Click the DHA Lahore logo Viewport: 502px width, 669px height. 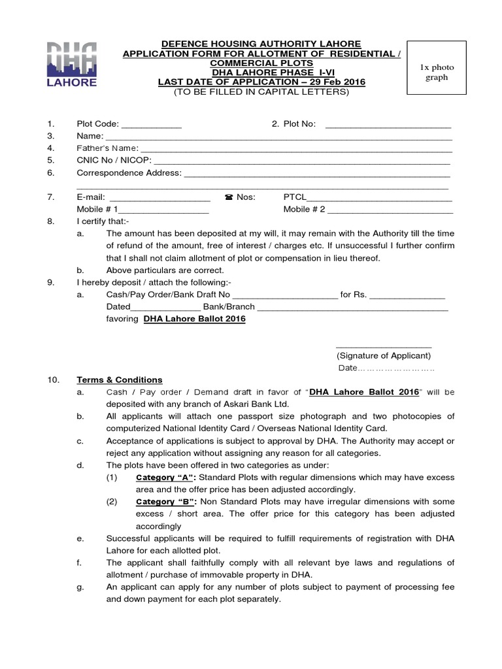[x=71, y=64]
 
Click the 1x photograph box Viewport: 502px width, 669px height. [x=437, y=73]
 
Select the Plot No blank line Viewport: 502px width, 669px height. [x=388, y=124]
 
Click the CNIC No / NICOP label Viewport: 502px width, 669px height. [x=114, y=160]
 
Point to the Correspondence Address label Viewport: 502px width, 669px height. [x=129, y=173]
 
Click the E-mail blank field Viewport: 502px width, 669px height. [x=159, y=197]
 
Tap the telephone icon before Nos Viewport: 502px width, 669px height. [x=229, y=197]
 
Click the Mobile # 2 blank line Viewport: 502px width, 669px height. [x=390, y=210]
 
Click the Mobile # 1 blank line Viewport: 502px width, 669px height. [x=163, y=210]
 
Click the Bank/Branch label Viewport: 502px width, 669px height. [x=229, y=306]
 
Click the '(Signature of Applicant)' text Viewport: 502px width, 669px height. [x=383, y=355]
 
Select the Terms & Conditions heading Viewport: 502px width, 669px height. [x=120, y=380]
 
